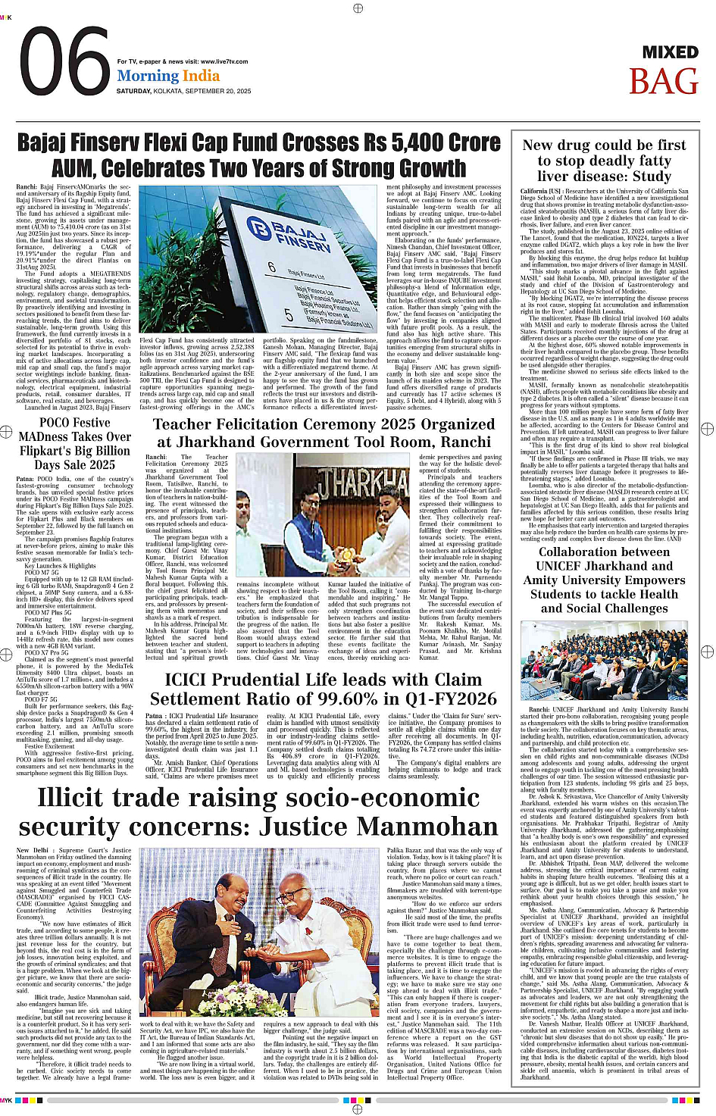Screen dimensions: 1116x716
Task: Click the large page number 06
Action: tap(64, 64)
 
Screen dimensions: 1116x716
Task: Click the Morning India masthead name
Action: tap(168, 76)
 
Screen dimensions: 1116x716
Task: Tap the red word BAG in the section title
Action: tap(663, 82)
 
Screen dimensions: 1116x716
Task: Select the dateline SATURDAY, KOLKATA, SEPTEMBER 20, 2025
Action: tap(183, 91)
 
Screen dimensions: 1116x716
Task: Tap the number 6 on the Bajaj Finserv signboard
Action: tap(272, 267)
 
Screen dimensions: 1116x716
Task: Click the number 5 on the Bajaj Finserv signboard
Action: tap(289, 314)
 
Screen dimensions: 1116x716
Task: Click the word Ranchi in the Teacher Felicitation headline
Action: tap(466, 442)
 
